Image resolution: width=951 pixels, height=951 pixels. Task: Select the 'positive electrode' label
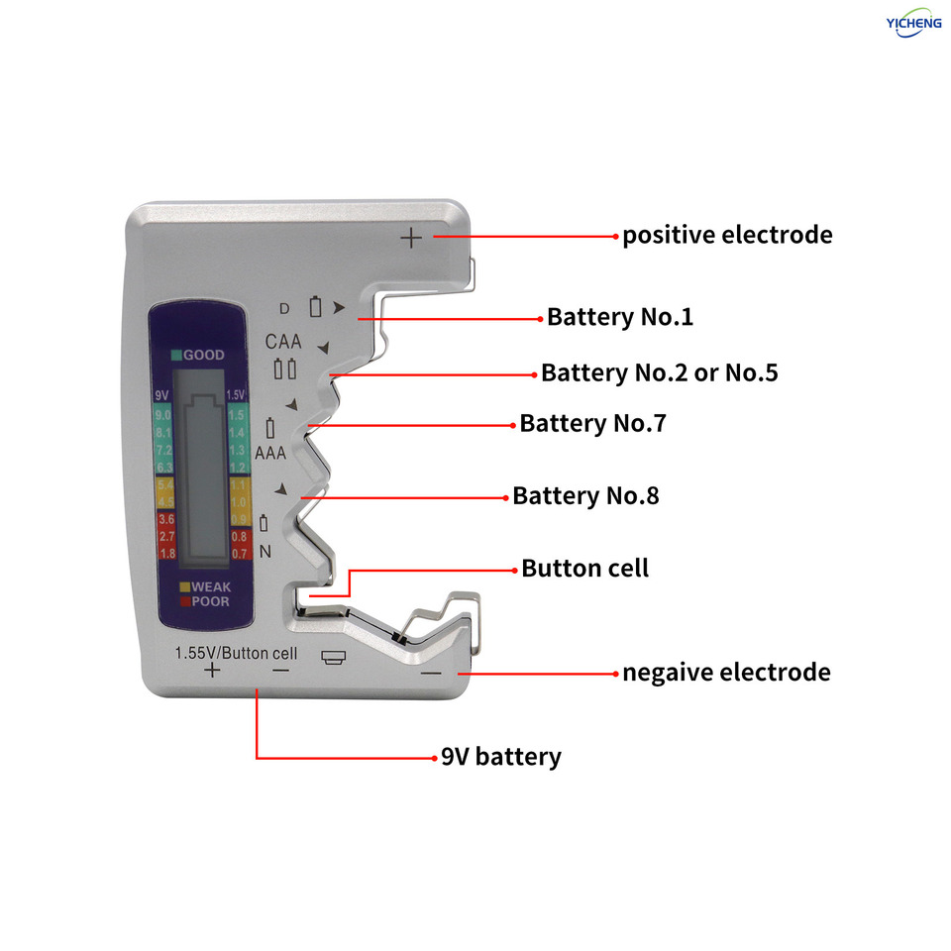[x=726, y=236]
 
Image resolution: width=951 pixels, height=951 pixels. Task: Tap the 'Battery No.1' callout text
[x=620, y=318]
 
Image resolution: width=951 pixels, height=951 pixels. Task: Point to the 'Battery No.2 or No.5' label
[x=659, y=373]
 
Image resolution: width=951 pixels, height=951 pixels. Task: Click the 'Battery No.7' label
[x=592, y=424]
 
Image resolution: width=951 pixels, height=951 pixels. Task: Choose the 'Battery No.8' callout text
[x=585, y=496]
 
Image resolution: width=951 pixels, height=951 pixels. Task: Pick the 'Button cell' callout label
[x=584, y=569]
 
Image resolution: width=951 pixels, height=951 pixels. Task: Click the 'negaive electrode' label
[x=726, y=673]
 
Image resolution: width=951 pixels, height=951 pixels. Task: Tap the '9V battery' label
[x=500, y=758]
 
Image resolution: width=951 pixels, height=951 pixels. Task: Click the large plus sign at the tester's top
[x=411, y=237]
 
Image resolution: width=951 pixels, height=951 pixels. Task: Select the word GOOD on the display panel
[x=203, y=355]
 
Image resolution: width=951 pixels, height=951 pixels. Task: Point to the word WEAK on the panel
[x=209, y=587]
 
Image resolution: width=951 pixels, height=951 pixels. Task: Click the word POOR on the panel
[x=209, y=601]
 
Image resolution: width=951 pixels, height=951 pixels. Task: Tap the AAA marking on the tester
[x=270, y=453]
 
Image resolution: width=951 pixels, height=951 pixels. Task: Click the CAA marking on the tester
[x=284, y=342]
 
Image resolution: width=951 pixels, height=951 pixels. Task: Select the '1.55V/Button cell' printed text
[x=236, y=652]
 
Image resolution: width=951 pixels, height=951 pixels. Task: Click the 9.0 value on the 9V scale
[x=163, y=415]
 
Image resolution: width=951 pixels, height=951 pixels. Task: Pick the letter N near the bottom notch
[x=265, y=552]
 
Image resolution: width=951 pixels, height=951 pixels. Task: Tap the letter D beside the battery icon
[x=284, y=307]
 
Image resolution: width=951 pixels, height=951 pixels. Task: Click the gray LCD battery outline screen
[x=201, y=475]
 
